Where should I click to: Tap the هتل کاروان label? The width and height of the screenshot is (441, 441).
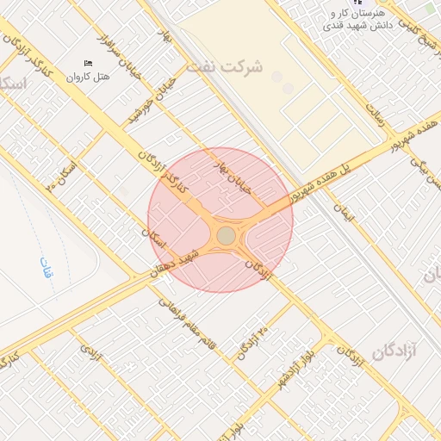(90, 78)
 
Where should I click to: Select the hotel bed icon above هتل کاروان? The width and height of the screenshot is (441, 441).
(89, 64)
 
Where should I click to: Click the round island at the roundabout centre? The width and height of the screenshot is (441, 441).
(226, 235)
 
